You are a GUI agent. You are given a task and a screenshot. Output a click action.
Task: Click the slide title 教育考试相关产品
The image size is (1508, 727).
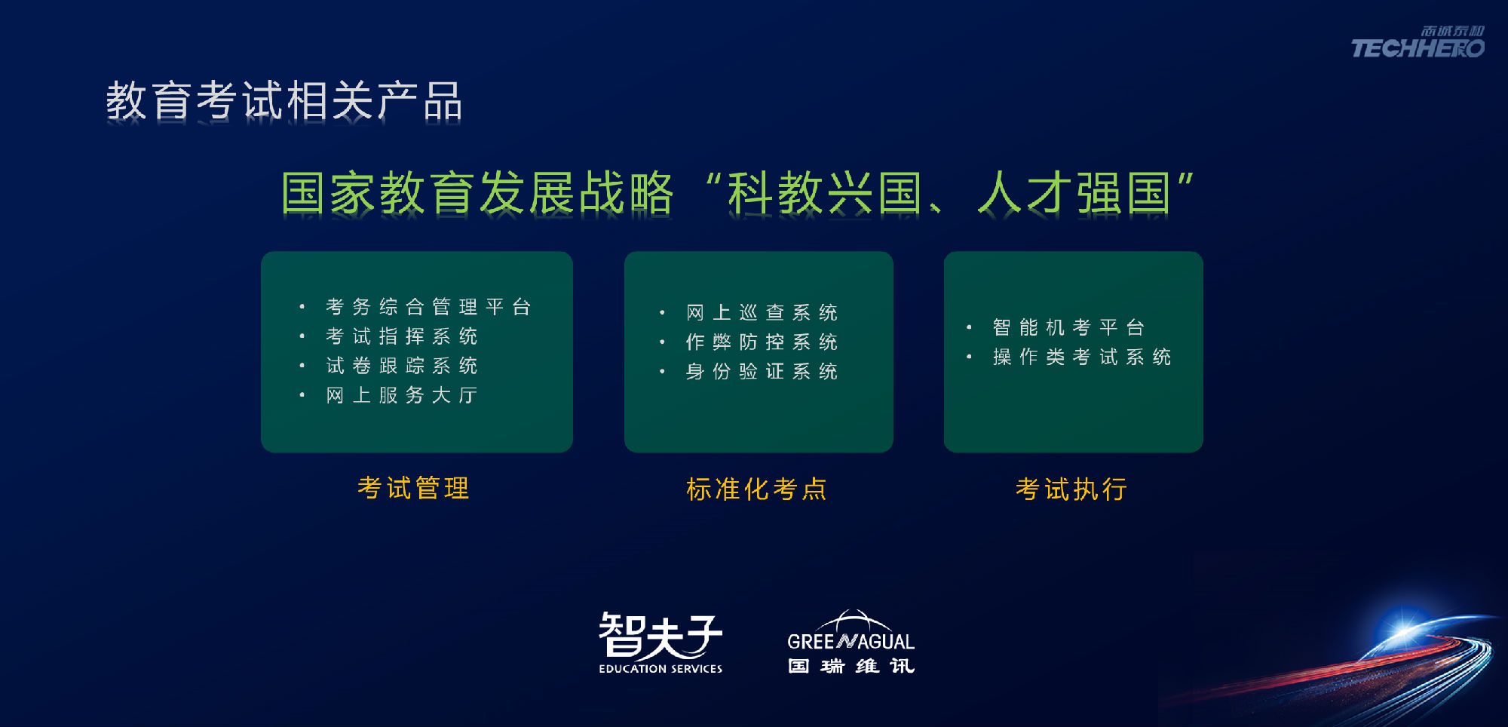(284, 101)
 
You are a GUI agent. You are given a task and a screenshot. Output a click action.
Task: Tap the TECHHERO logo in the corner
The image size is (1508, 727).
(1418, 42)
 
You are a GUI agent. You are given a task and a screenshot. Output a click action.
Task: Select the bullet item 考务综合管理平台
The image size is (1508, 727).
(428, 307)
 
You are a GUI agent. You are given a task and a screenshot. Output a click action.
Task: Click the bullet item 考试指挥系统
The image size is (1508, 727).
(402, 336)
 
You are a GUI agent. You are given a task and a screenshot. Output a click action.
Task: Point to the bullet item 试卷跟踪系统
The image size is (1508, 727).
(402, 366)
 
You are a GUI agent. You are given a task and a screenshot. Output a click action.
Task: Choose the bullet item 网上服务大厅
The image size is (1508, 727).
(402, 395)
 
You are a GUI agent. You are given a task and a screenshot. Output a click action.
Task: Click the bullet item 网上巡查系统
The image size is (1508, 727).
(762, 312)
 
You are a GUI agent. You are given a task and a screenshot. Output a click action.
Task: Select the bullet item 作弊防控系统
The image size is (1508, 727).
(762, 342)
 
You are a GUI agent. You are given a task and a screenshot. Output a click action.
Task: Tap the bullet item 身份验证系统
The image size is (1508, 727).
(762, 371)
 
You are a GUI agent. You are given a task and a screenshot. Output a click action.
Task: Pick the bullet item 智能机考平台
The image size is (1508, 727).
(1068, 327)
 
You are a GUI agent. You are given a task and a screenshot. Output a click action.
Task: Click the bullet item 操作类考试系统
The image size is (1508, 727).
(1082, 357)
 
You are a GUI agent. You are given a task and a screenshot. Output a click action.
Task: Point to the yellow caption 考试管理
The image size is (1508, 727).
(414, 488)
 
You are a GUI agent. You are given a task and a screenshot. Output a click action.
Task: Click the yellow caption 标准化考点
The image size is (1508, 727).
(757, 489)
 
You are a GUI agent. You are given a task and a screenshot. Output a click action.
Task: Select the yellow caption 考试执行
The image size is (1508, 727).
(1071, 489)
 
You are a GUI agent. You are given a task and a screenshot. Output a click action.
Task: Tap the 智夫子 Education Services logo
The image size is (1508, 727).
(661, 643)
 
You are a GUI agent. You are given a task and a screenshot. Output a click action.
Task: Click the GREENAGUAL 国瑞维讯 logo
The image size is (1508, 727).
(851, 642)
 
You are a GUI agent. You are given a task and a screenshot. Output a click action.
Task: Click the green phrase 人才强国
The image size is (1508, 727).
(1074, 192)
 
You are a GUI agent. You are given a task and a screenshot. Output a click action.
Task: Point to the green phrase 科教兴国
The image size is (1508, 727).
(824, 192)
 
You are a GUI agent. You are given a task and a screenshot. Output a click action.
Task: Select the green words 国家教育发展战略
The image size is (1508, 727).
(477, 192)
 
